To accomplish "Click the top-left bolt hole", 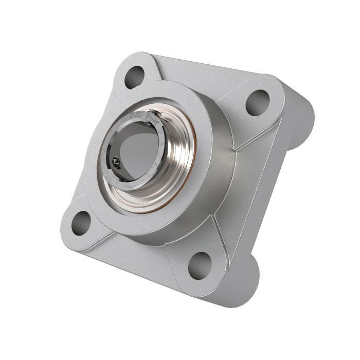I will pyautogui.click(x=134, y=77).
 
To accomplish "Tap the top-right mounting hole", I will pyautogui.click(x=257, y=102).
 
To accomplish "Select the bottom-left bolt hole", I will pyautogui.click(x=81, y=223).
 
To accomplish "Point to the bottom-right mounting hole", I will pyautogui.click(x=200, y=265).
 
